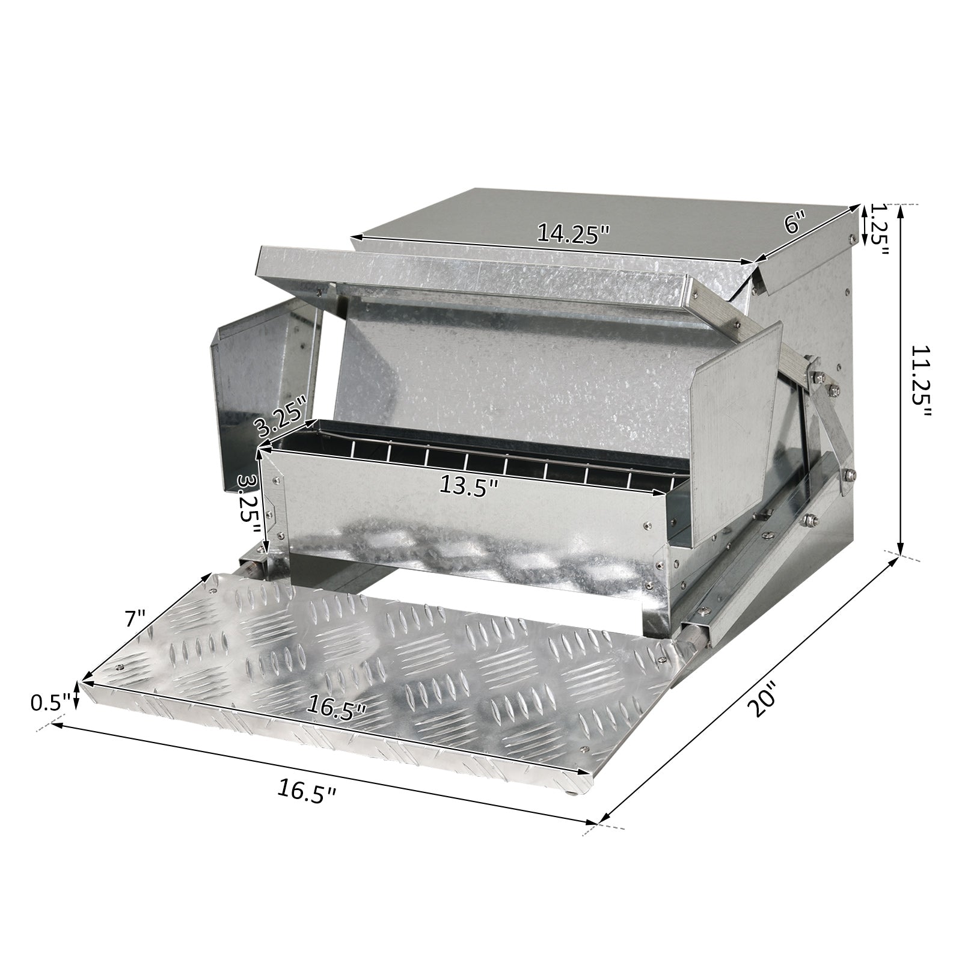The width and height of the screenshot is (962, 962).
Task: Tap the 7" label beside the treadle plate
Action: point(136,619)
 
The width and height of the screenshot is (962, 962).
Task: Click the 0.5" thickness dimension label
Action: point(51,701)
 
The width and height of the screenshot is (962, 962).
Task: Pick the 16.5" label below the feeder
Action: point(307,788)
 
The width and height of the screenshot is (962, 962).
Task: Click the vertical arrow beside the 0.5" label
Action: point(77,696)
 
